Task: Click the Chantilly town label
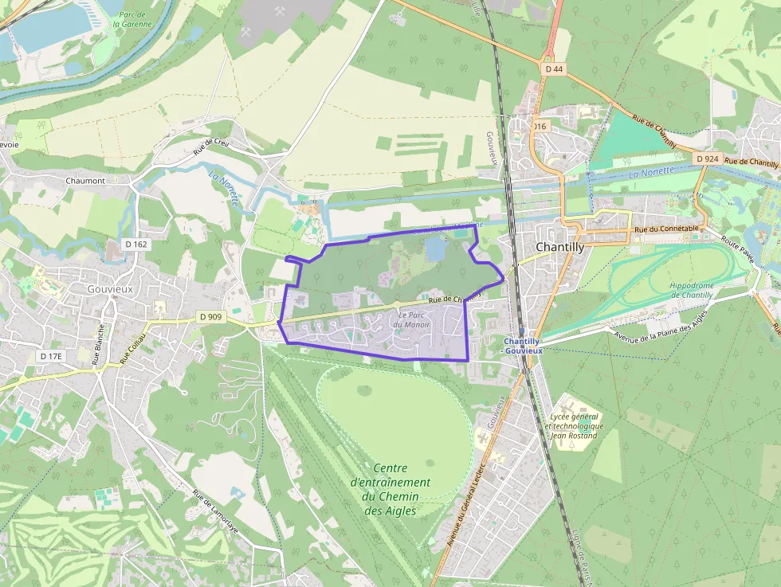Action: (x=560, y=247)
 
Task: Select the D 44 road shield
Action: (x=555, y=69)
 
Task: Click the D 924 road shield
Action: (x=707, y=159)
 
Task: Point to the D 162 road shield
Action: (x=136, y=245)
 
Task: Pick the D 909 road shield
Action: (x=211, y=316)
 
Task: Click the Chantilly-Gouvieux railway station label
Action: (x=522, y=346)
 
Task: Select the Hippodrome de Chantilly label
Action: (x=691, y=290)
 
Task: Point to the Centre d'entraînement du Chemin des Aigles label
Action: (x=390, y=489)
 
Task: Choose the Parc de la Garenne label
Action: (x=131, y=19)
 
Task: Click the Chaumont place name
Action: (x=85, y=181)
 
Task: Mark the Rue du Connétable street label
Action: (x=666, y=229)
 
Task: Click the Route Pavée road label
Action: (x=737, y=249)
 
